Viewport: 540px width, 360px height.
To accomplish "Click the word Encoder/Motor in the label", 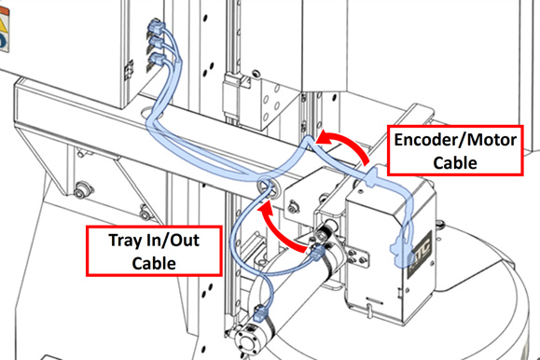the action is tap(455, 140).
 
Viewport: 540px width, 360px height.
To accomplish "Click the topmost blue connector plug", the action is tap(157, 28).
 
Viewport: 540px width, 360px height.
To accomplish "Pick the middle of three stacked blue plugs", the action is tap(158, 44).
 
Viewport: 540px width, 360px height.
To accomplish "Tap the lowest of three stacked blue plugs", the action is tap(158, 60).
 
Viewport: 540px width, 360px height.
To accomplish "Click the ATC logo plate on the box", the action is tap(419, 254).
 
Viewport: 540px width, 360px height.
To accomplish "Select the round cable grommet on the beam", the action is tap(269, 187).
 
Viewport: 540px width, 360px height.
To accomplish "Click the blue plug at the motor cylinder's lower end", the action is tap(260, 314).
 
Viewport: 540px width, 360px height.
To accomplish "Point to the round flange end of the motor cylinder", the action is tap(245, 341).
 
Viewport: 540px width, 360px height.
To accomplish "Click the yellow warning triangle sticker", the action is tap(3, 25).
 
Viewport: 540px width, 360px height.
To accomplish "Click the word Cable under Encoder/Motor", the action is tap(455, 162).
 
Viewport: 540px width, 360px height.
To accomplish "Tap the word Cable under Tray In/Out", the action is tap(154, 263).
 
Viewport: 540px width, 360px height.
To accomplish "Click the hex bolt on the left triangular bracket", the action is tap(80, 190).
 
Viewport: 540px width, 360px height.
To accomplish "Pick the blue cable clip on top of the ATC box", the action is tap(371, 176).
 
